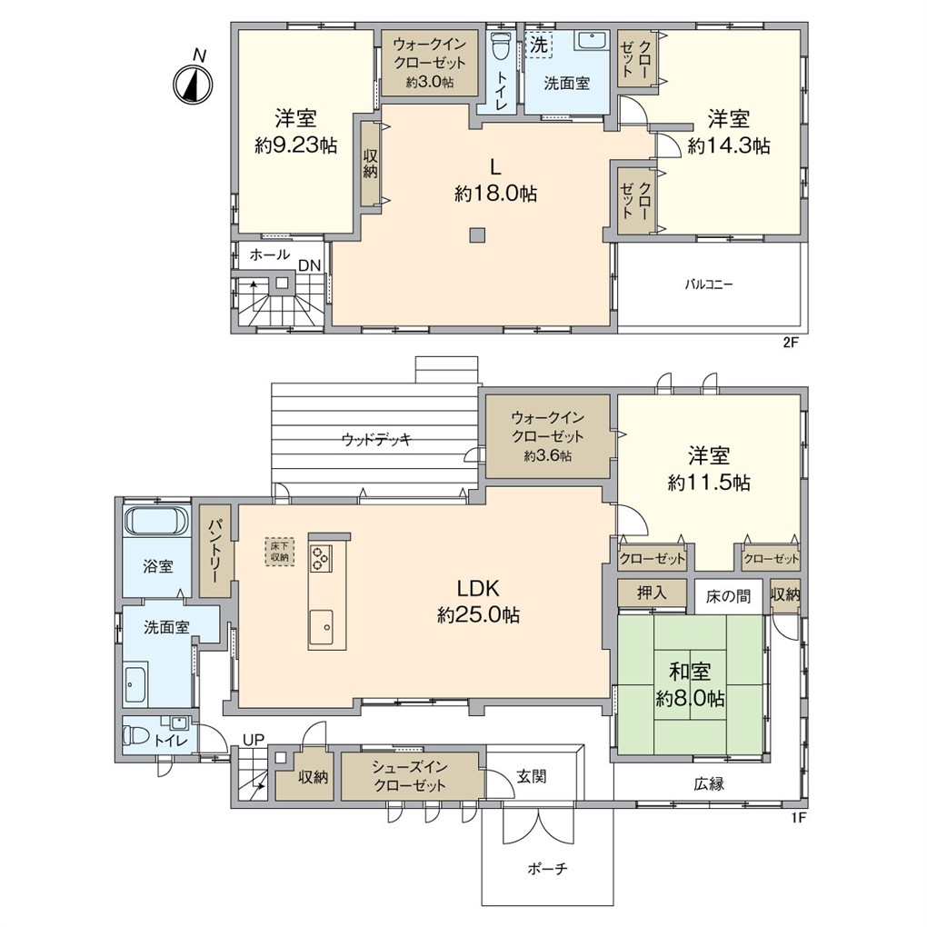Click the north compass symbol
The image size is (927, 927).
[192, 85]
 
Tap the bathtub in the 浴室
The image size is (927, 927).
[154, 521]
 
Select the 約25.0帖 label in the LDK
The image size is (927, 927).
[478, 615]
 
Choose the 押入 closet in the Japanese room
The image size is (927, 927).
[651, 593]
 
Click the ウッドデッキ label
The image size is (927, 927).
[376, 440]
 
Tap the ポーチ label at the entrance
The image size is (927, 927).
[547, 869]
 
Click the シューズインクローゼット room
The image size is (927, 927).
[408, 776]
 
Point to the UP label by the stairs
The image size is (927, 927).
[253, 740]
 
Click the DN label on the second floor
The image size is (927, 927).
[309, 264]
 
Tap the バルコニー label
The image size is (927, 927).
[709, 284]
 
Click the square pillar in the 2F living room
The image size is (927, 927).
[477, 236]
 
